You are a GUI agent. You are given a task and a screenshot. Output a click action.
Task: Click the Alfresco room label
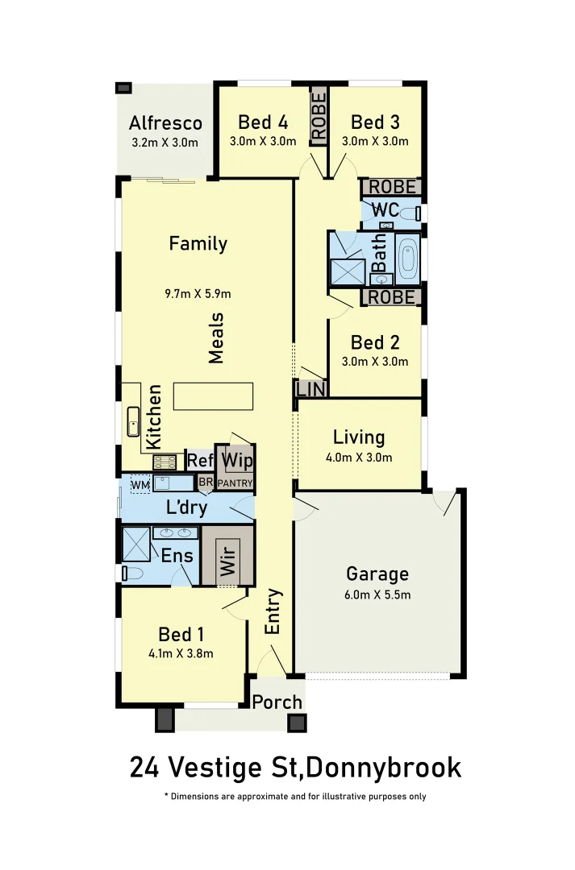click(x=165, y=123)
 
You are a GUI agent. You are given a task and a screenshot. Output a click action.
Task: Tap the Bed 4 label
click(x=263, y=122)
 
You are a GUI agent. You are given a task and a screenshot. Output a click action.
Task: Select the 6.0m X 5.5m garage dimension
click(x=377, y=595)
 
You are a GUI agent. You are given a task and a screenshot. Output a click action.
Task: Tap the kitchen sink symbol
click(x=134, y=421)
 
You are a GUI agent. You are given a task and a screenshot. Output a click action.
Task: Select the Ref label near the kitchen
click(x=199, y=462)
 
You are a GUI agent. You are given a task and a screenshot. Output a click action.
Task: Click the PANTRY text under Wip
click(x=235, y=483)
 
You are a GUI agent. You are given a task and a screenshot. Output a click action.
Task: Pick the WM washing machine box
click(x=140, y=484)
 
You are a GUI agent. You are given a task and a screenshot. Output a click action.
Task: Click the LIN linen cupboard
click(x=310, y=389)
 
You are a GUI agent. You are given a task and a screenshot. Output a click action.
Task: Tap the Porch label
click(x=277, y=702)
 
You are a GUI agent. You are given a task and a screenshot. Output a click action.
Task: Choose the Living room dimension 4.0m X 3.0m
click(x=359, y=458)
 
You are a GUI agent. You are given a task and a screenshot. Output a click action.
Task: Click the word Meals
click(x=216, y=338)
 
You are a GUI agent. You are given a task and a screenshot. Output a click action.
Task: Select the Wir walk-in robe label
click(x=228, y=555)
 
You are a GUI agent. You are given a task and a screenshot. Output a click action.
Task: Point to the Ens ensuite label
click(x=177, y=556)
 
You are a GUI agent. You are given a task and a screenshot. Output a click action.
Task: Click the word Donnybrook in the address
click(x=384, y=768)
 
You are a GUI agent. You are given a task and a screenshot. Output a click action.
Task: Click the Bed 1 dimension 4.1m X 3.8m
click(x=181, y=654)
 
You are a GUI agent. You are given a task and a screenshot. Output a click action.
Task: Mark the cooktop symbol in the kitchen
click(x=165, y=462)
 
